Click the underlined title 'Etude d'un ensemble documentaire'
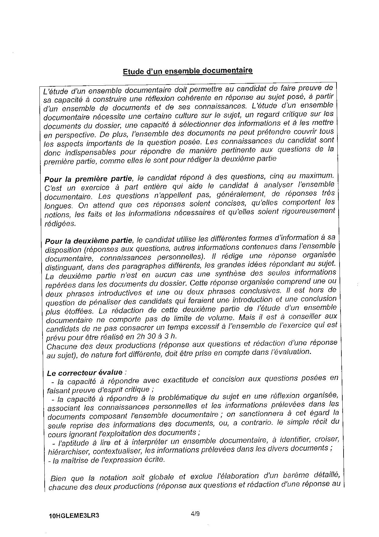[x=188, y=71]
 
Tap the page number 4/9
[x=195, y=514]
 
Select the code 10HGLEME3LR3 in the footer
[x=74, y=516]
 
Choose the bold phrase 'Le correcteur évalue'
[x=85, y=373]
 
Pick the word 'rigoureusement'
[x=305, y=211]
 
